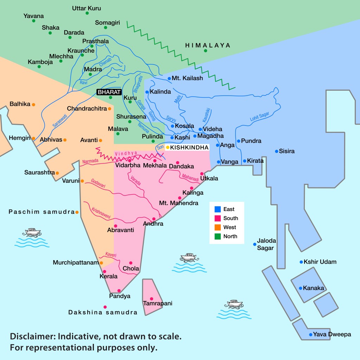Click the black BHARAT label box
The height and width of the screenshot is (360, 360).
pos(109,92)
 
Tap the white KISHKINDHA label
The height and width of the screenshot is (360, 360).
pos(189,147)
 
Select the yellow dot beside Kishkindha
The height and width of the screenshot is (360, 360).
pos(168,147)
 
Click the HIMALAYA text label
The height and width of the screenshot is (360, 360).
pos(208,45)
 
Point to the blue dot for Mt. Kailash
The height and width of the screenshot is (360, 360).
pos(169,78)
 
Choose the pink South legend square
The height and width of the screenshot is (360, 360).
pos(217,218)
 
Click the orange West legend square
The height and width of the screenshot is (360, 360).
pos(217,227)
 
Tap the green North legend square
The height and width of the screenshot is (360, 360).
pos(217,237)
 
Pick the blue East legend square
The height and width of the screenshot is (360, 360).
pos(217,209)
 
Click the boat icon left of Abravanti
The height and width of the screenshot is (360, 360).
pos(32,232)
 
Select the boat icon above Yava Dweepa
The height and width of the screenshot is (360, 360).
pos(234,303)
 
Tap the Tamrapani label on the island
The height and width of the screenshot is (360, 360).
pos(157,303)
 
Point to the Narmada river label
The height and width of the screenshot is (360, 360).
pos(91,161)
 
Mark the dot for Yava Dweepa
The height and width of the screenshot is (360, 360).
pos(310,335)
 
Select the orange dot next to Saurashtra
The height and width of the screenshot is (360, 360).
pos(57,173)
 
